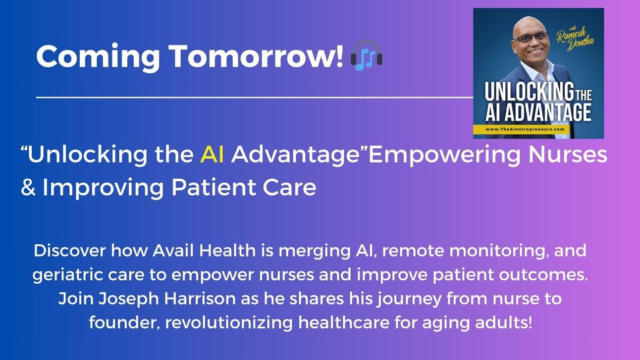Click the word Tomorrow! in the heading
256,56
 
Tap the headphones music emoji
367,55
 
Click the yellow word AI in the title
212,154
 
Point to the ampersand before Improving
28,188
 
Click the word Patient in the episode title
213,188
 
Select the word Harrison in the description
200,299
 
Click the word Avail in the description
173,251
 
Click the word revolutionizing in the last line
229,323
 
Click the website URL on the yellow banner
525,129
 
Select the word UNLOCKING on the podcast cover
529,92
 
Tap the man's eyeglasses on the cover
531,38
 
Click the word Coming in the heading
98,57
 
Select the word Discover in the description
70,251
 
